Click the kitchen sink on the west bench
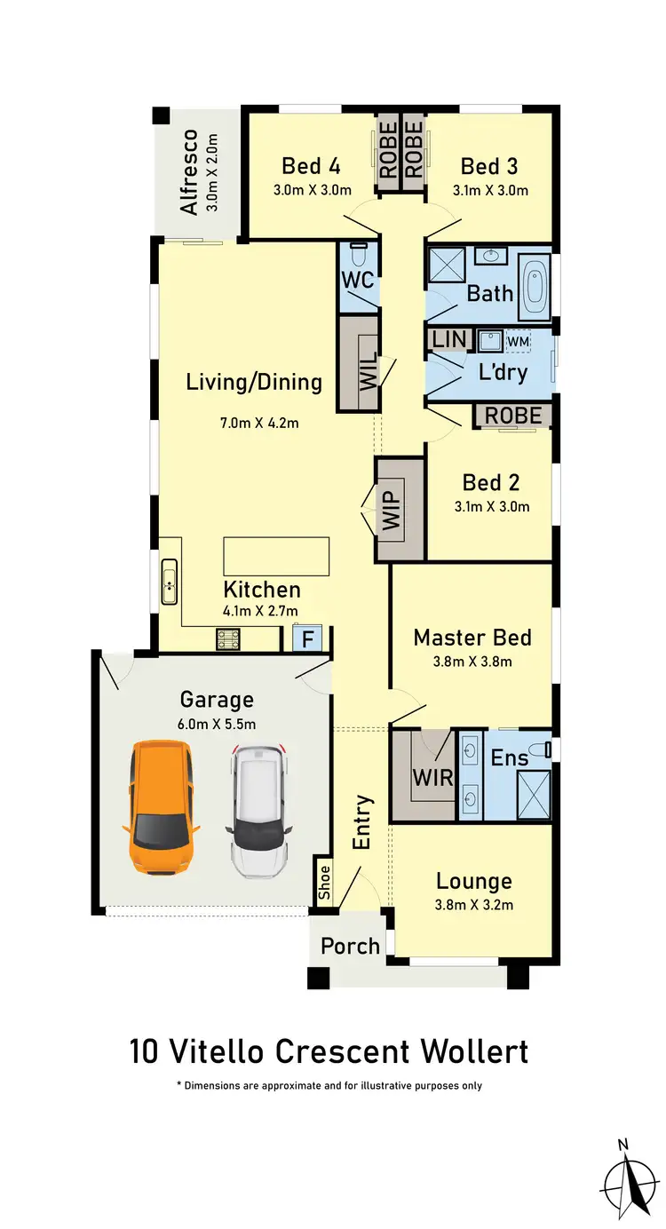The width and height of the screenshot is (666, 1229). (x=169, y=581)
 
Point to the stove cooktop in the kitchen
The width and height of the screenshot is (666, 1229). (x=229, y=638)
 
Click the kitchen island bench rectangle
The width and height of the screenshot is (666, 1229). (x=276, y=556)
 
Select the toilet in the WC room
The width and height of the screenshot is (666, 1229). (x=359, y=256)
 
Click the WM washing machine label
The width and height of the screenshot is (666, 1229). (x=517, y=341)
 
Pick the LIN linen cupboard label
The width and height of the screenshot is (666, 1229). (x=448, y=340)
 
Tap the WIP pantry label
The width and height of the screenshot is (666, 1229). (x=392, y=508)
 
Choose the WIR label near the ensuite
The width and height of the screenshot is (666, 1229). (x=432, y=778)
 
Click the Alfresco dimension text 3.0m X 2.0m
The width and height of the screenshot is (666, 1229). (x=211, y=172)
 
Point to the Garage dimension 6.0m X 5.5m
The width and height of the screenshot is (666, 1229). (x=217, y=724)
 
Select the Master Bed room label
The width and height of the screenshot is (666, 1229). (x=472, y=638)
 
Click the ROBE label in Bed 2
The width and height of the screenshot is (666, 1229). (x=513, y=415)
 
